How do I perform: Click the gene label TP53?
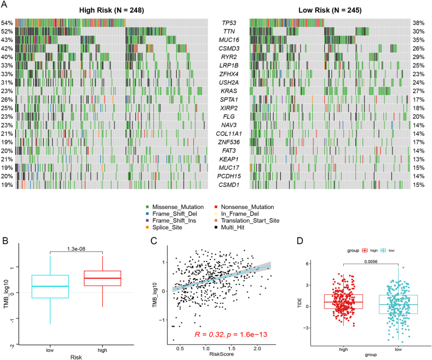pyautogui.click(x=229, y=23)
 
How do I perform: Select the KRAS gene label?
pyautogui.click(x=229, y=91)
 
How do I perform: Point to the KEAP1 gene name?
pyautogui.click(x=229, y=159)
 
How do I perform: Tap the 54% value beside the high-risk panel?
pyautogui.click(x=7, y=23)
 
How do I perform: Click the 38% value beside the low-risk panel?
pyautogui.click(x=418, y=23)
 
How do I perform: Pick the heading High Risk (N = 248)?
pyautogui.click(x=112, y=10)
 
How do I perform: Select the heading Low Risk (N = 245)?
pyautogui.click(x=330, y=10)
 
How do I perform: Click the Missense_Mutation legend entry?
pyautogui.click(x=175, y=207)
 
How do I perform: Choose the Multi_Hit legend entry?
pyautogui.click(x=229, y=228)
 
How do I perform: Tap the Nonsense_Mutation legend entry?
pyautogui.click(x=244, y=207)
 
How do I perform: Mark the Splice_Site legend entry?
pyautogui.click(x=164, y=228)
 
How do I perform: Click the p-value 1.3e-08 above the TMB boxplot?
pyautogui.click(x=76, y=249)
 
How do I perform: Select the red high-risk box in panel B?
pyautogui.click(x=102, y=278)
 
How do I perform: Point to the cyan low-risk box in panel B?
pyautogui.click(x=50, y=287)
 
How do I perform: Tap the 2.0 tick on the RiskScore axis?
pyautogui.click(x=257, y=349)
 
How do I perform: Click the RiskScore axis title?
pyautogui.click(x=222, y=354)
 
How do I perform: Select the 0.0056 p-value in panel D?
pyautogui.click(x=371, y=262)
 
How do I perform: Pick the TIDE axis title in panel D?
pyautogui.click(x=299, y=303)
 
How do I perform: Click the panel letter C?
pyautogui.click(x=154, y=241)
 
